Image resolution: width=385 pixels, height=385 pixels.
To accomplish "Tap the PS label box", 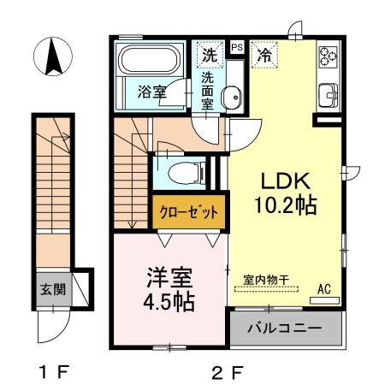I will point(237,47).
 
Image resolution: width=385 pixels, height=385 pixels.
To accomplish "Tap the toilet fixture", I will point(182,174).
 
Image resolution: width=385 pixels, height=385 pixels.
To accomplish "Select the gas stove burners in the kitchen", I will point(329,56).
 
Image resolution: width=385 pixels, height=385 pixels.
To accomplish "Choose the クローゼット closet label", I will point(189,210).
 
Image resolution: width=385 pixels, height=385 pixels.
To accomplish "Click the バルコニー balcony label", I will point(286,329).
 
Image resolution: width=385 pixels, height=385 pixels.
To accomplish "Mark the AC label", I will point(324,288).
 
